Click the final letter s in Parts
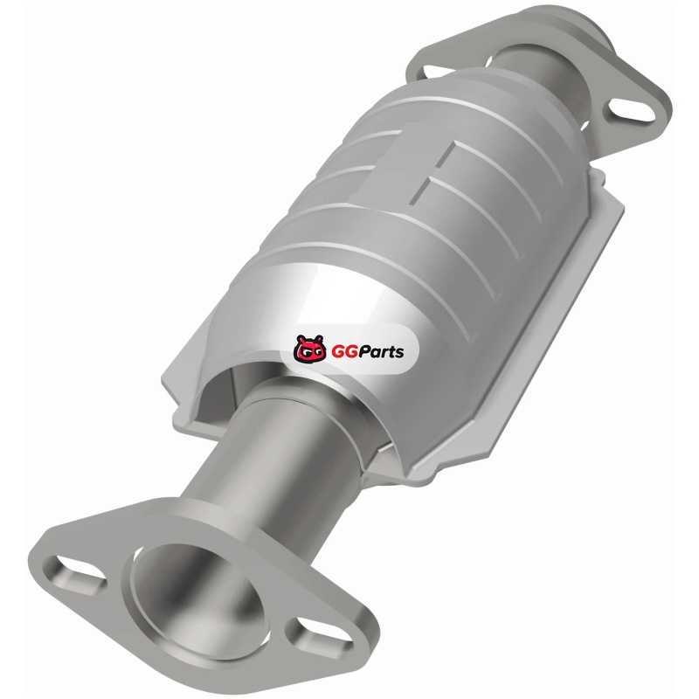point(399,353)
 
